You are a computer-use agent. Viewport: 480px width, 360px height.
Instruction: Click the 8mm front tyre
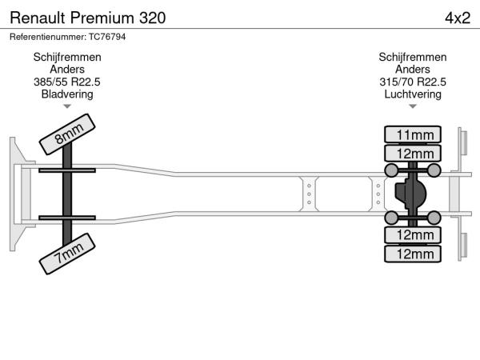click(x=67, y=134)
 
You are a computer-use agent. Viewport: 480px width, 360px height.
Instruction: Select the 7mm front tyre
click(x=67, y=254)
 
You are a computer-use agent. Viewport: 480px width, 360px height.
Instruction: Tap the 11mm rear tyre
click(x=413, y=134)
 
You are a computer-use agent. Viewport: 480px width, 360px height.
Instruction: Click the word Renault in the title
click(x=38, y=18)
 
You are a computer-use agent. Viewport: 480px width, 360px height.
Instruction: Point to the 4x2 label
click(x=458, y=18)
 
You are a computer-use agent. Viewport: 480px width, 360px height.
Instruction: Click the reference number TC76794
click(x=107, y=37)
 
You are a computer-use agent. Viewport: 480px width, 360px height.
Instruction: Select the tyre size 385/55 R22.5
click(x=67, y=82)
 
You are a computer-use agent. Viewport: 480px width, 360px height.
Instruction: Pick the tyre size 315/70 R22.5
click(x=413, y=82)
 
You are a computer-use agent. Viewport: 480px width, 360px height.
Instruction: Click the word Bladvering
click(x=67, y=94)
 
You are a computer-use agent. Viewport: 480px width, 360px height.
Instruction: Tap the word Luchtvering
click(x=413, y=94)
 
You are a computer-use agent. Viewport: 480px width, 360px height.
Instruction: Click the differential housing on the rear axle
click(x=410, y=194)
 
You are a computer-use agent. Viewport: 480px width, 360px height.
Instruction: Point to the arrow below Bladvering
click(x=67, y=106)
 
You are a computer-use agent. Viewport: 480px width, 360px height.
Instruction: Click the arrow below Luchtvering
click(x=413, y=106)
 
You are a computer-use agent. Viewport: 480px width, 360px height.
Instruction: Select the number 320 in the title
click(x=153, y=18)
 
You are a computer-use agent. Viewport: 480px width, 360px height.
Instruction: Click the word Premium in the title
click(x=102, y=18)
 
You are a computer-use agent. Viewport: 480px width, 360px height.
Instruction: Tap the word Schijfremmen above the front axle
click(x=67, y=58)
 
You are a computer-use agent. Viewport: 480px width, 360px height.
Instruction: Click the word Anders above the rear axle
click(x=413, y=70)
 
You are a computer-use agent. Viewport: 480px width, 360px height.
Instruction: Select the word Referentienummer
click(x=48, y=37)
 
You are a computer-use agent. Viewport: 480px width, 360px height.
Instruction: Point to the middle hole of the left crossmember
click(x=309, y=194)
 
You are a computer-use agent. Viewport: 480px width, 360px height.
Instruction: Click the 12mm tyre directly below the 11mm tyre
click(x=413, y=153)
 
